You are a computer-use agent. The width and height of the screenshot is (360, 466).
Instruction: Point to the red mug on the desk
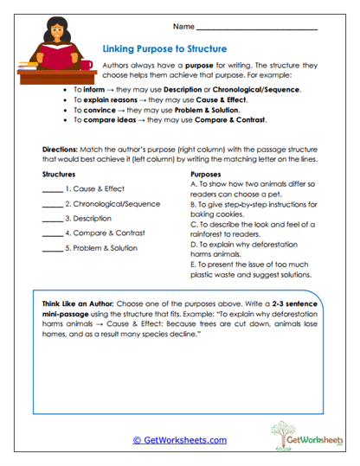[87, 65]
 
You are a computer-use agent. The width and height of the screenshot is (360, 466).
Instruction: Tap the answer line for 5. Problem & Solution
[52, 252]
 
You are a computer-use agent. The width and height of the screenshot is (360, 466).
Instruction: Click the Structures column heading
[60, 175]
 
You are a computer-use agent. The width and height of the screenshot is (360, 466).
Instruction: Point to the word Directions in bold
[61, 149]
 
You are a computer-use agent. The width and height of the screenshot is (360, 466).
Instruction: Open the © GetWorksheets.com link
[179, 440]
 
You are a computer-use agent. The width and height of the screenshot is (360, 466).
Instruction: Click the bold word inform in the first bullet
[93, 90]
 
